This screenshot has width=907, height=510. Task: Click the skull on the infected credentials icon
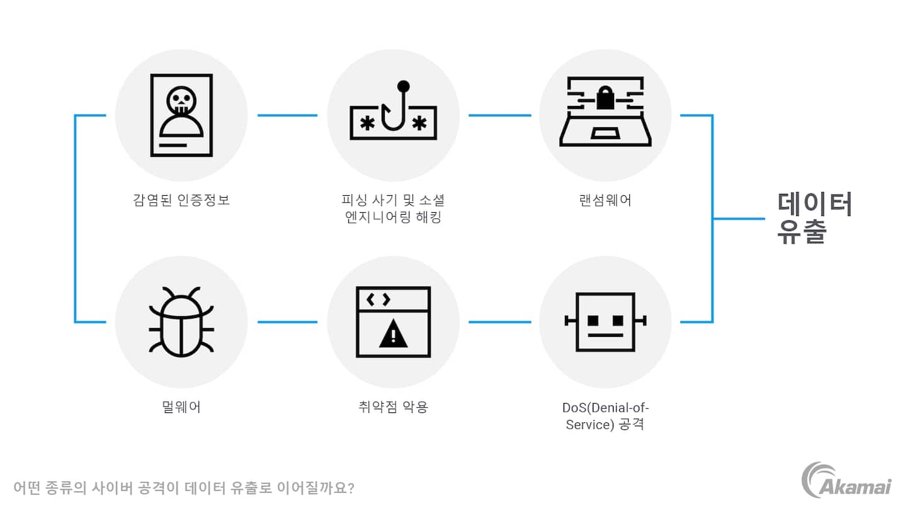181,101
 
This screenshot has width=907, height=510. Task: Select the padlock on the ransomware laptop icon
605,98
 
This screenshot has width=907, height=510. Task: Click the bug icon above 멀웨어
181,321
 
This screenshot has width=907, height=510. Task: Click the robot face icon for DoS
605,321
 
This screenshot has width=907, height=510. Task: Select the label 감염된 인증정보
181,200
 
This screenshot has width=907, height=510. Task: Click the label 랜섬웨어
605,200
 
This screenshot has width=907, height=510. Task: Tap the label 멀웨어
181,407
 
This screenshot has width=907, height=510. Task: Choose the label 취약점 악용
393,407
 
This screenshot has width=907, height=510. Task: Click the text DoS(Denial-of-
605,407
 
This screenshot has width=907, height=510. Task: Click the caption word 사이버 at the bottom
125,488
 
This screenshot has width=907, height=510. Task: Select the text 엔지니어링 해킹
393,218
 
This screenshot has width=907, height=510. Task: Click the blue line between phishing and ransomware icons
499,115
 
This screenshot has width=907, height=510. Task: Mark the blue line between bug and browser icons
287,322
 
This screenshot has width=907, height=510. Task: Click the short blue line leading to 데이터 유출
738,218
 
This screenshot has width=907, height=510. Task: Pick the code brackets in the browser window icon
379,300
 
